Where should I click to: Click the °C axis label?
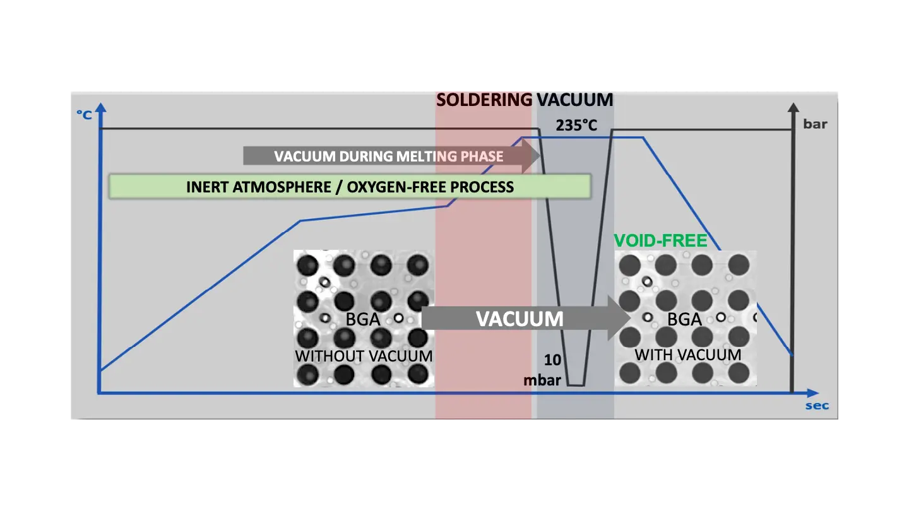click(x=85, y=114)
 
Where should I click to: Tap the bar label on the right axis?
click(x=815, y=124)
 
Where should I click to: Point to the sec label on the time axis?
click(x=817, y=406)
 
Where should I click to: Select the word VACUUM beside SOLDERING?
click(x=575, y=100)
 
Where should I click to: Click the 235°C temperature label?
click(x=576, y=126)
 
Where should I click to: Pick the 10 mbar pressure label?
click(x=542, y=370)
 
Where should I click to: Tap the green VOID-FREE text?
click(x=661, y=240)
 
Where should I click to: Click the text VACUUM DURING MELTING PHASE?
click(x=389, y=156)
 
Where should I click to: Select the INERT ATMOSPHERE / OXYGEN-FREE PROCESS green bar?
click(x=350, y=187)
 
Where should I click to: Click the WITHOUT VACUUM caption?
click(x=364, y=356)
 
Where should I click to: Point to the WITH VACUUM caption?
click(x=687, y=355)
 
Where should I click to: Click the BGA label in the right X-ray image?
click(x=685, y=319)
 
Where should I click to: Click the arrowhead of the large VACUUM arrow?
click(x=620, y=319)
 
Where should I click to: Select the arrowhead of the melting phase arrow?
click(x=532, y=156)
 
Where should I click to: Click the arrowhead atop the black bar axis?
click(x=793, y=109)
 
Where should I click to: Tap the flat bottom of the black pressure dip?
click(x=576, y=385)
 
